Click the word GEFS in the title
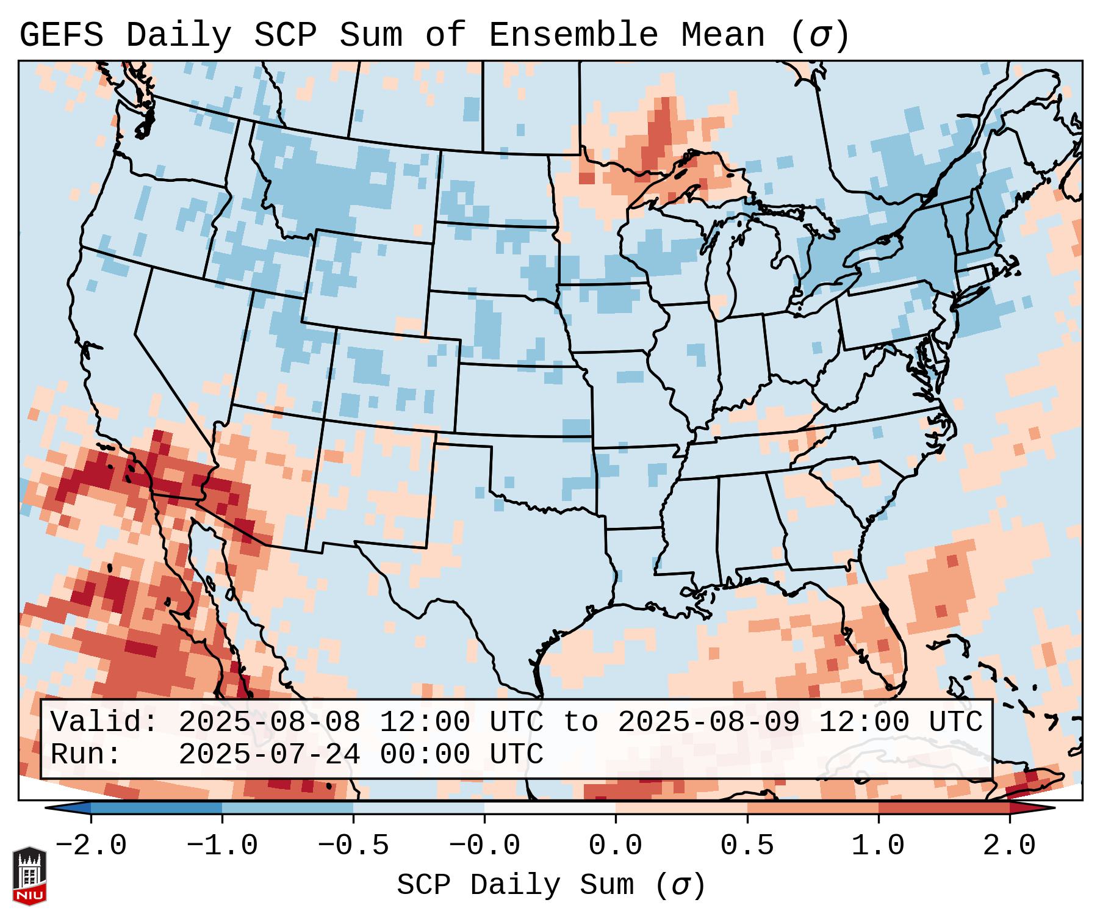tap(61, 35)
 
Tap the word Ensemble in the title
tap(573, 35)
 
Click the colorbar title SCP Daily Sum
tap(516, 885)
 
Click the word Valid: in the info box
tap(104, 723)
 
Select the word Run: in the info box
tap(86, 755)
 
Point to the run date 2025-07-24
tap(269, 755)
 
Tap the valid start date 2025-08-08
tap(269, 723)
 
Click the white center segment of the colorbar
tap(550, 809)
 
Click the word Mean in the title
tap(722, 35)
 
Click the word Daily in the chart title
tap(179, 35)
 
